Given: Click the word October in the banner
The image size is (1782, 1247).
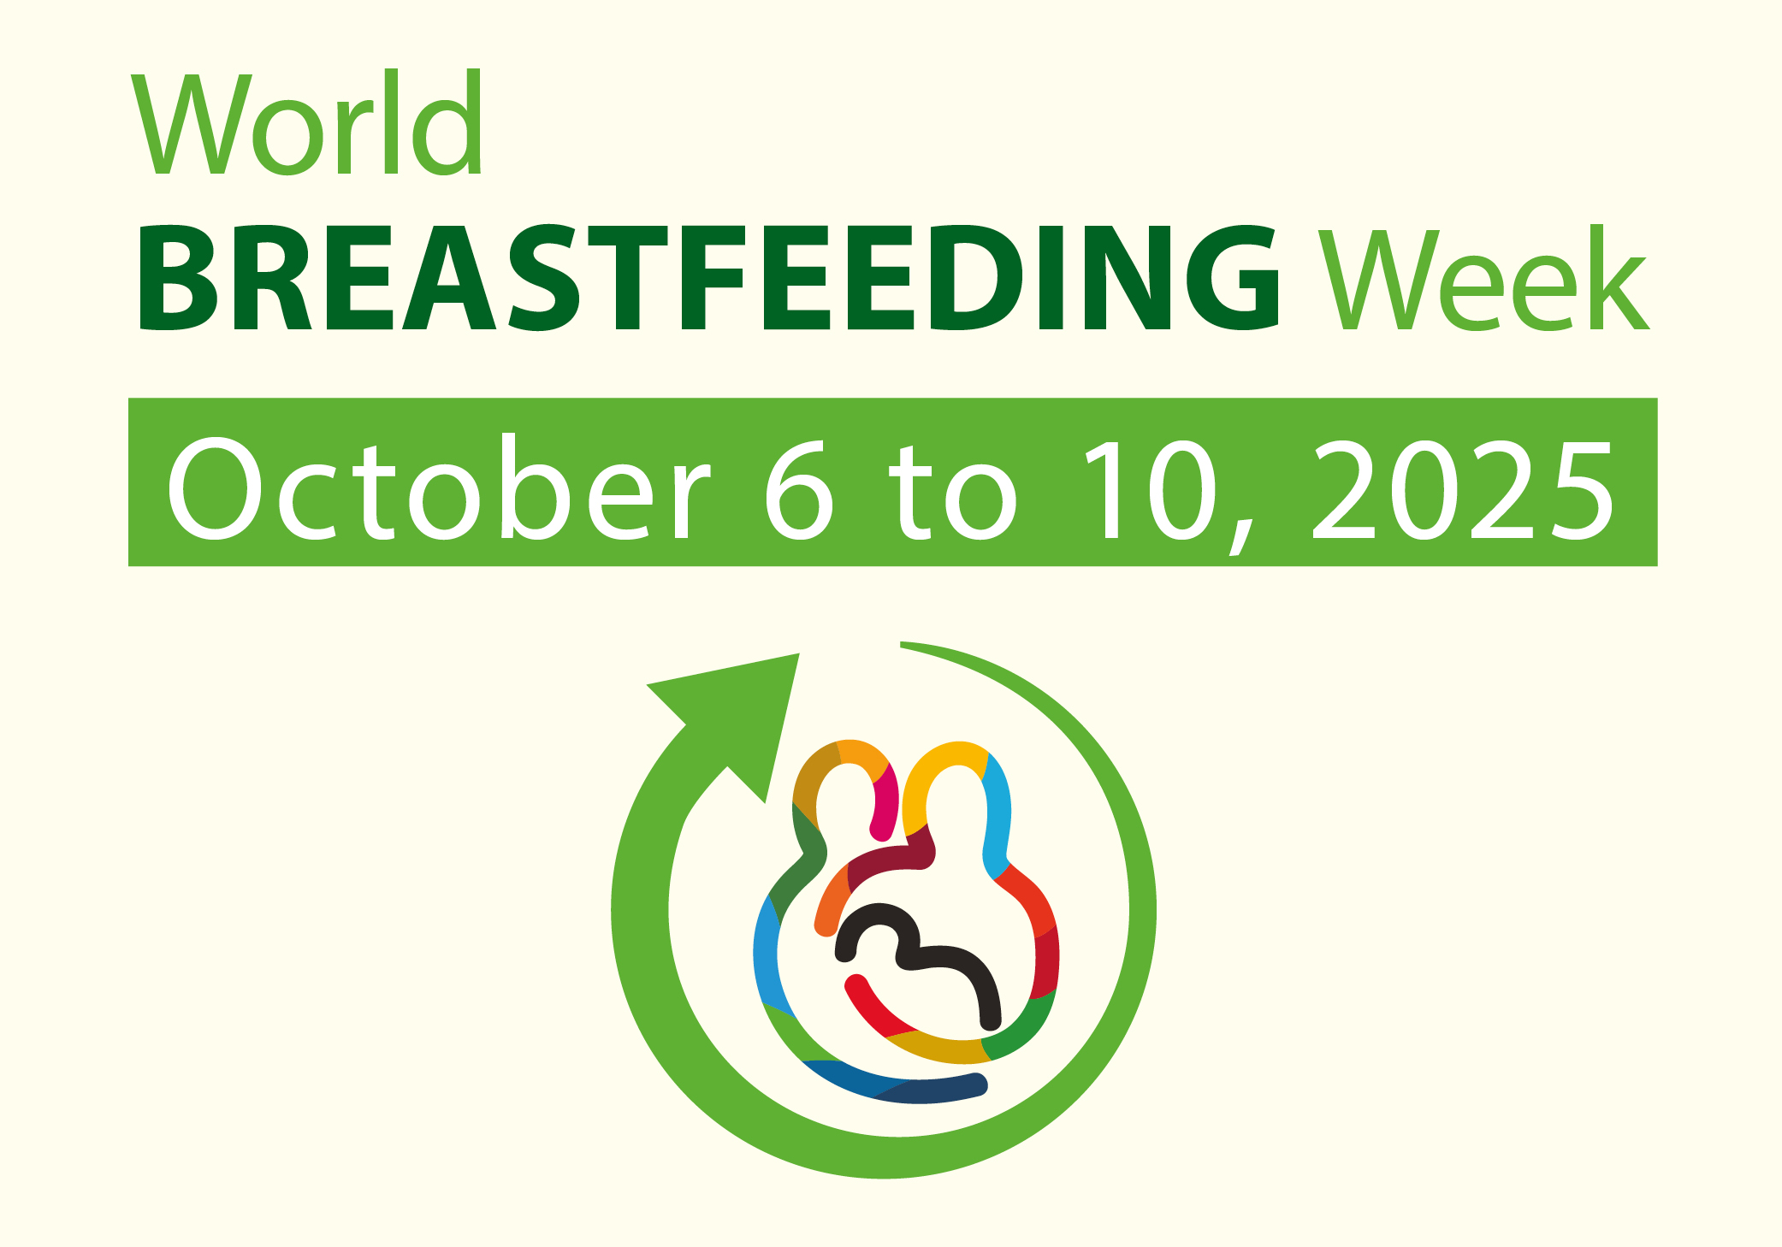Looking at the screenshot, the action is (439, 488).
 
